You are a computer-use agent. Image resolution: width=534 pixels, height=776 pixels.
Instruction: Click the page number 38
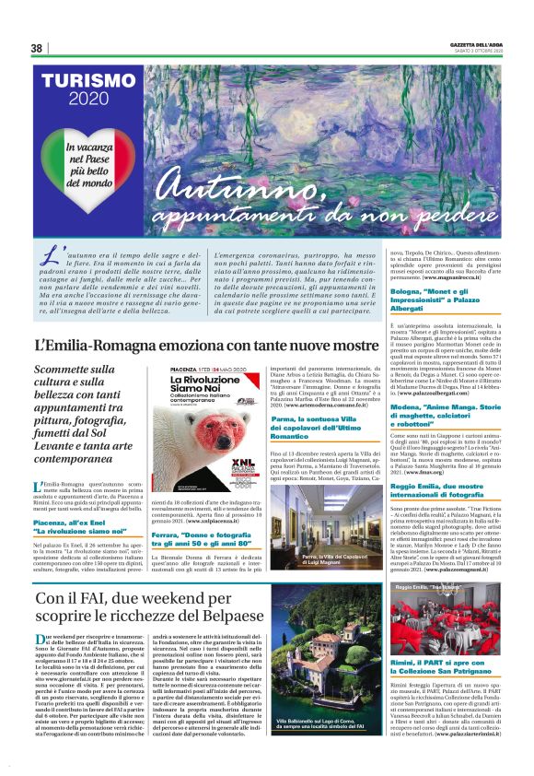(37, 48)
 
